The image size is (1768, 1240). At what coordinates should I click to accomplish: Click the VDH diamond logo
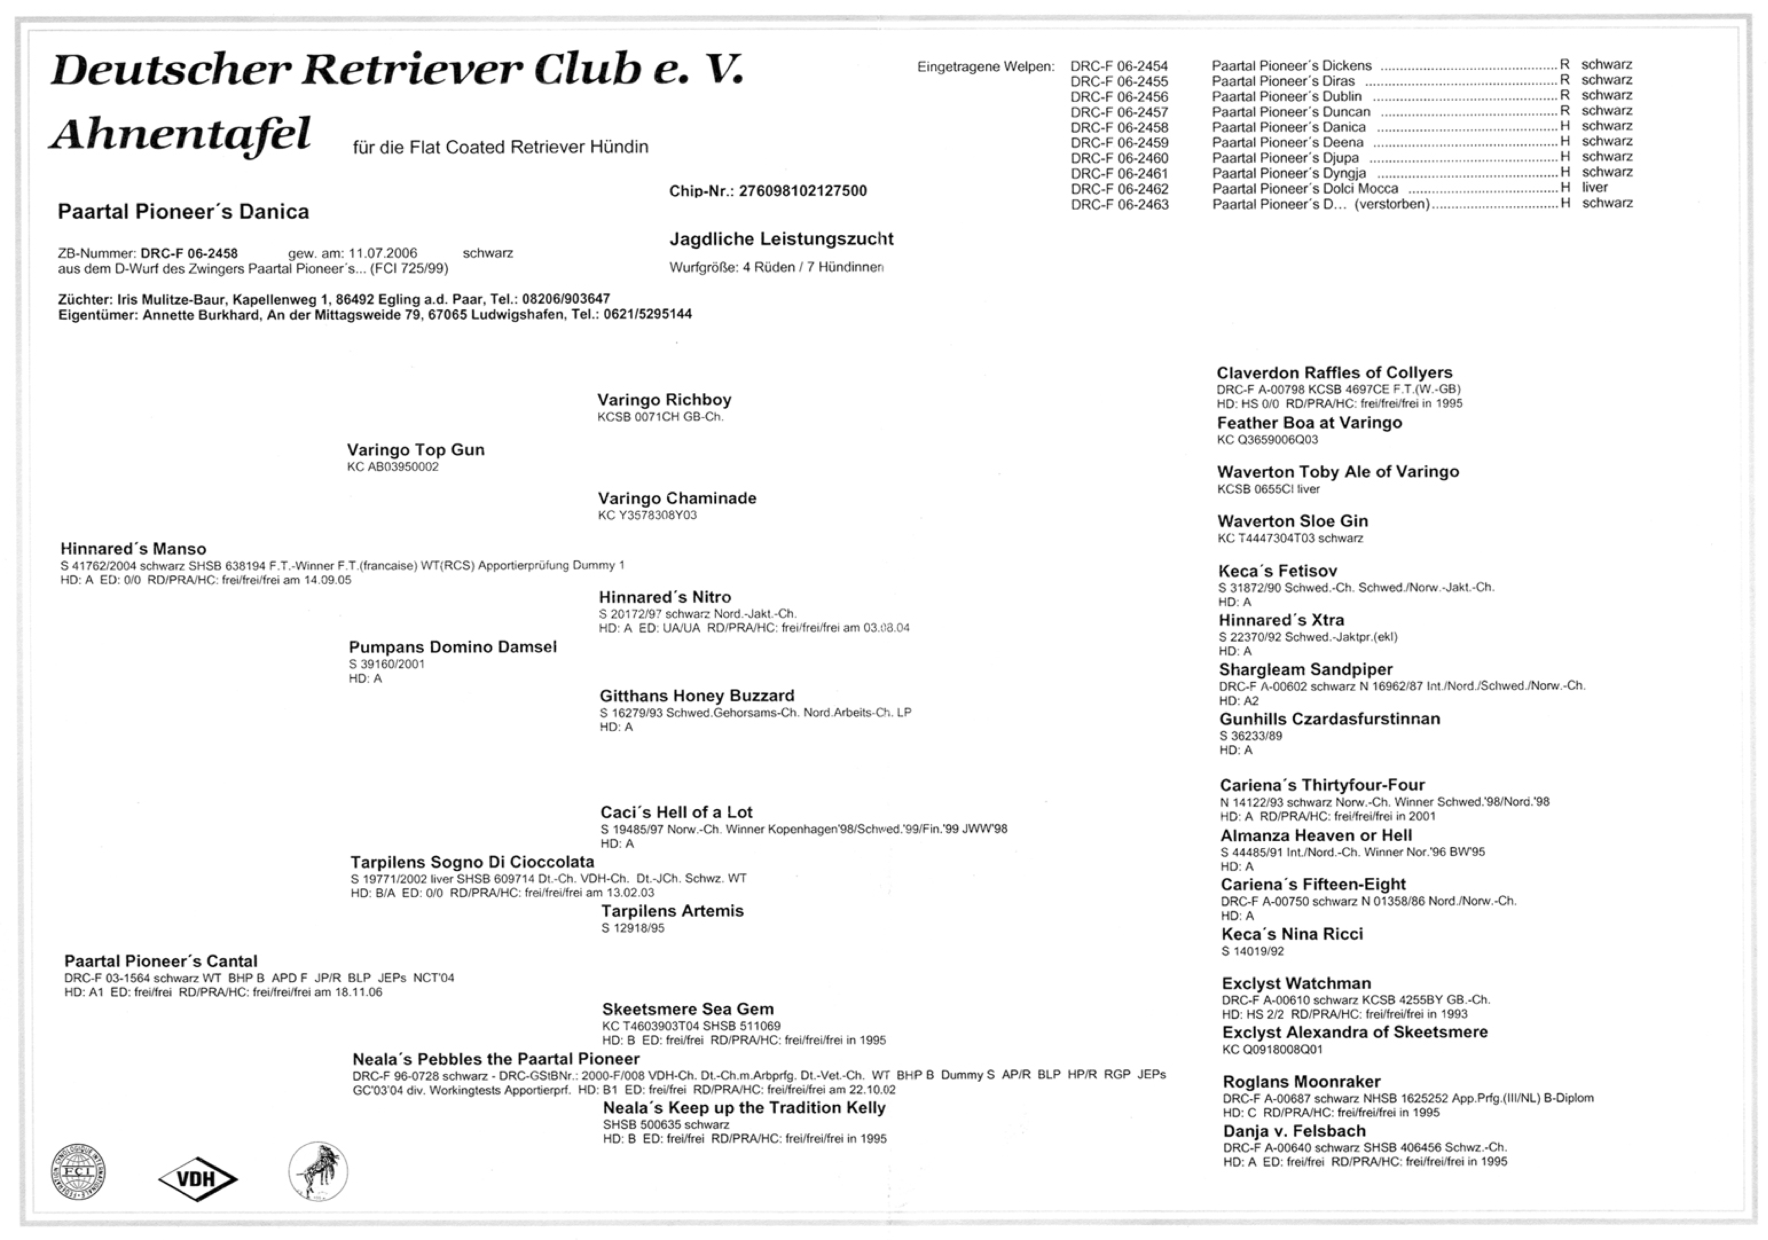[x=198, y=1178]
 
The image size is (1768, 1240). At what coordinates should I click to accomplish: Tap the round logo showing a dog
[x=318, y=1171]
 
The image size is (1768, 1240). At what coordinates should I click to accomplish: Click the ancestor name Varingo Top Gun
[x=416, y=450]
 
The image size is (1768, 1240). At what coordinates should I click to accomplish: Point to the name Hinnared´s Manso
[x=133, y=549]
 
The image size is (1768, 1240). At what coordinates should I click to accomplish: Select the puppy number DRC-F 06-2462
[x=1119, y=189]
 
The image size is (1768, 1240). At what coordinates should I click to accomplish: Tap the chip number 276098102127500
[x=803, y=191]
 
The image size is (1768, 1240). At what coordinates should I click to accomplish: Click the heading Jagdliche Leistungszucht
[x=781, y=239]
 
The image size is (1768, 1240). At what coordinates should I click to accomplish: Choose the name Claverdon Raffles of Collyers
[x=1333, y=373]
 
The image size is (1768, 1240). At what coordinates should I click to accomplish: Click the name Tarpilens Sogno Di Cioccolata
[x=472, y=862]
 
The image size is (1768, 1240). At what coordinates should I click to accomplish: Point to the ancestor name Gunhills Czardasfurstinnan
[x=1329, y=720]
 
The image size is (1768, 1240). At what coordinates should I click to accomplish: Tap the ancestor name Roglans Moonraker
[x=1302, y=1082]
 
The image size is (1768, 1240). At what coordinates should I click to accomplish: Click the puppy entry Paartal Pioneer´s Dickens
[x=1292, y=66]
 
